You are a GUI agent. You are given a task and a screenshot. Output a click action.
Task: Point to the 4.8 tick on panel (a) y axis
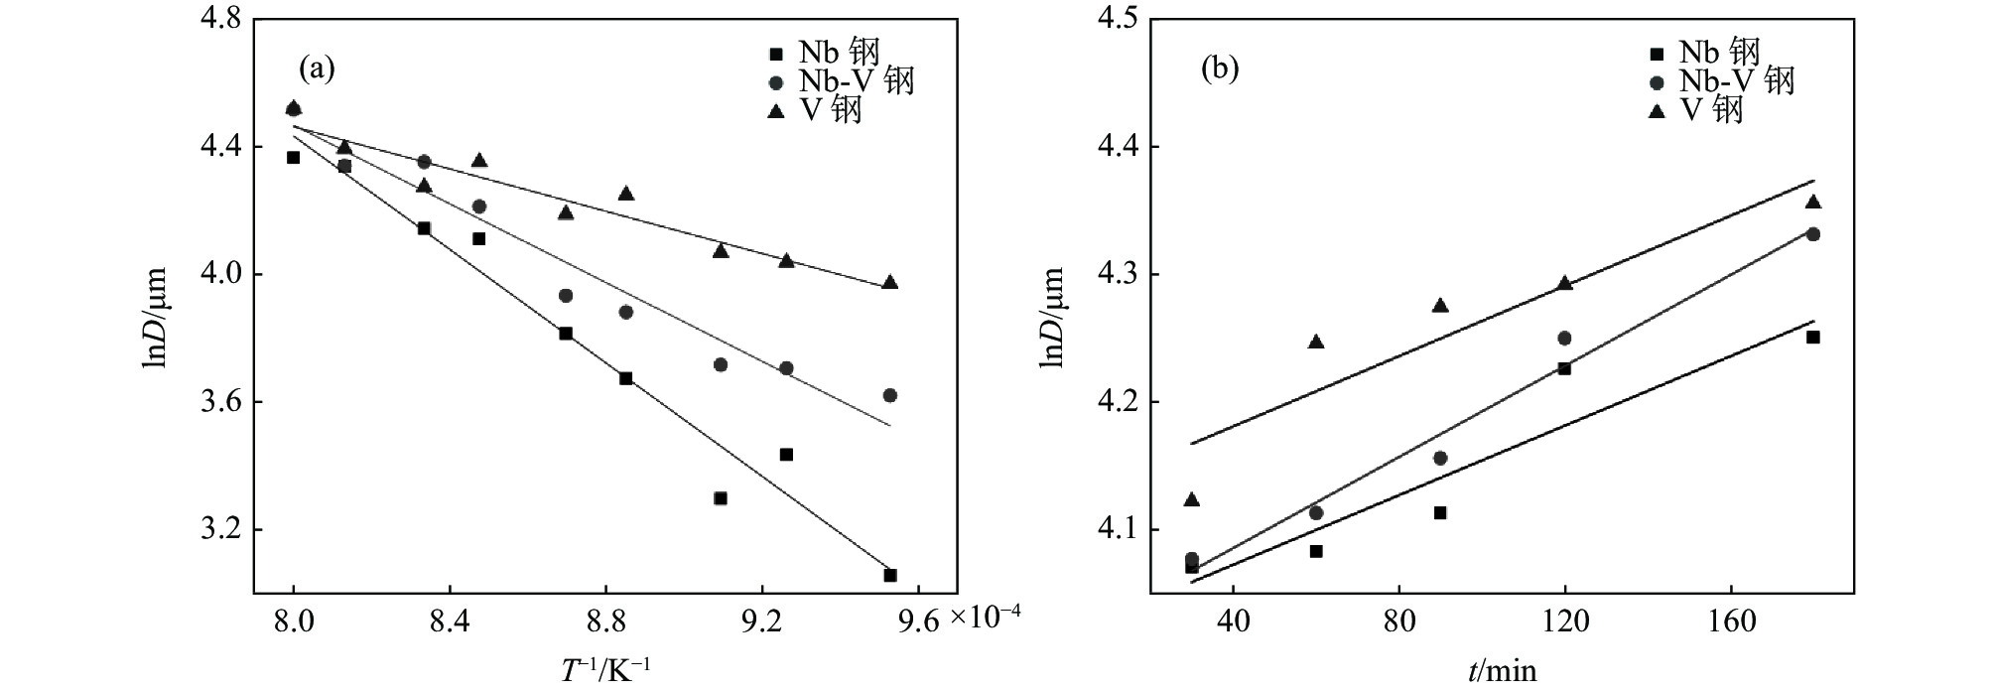(218, 19)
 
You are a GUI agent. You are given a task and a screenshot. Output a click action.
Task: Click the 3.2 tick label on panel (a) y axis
(218, 530)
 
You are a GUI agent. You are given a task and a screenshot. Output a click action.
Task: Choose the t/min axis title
(1502, 671)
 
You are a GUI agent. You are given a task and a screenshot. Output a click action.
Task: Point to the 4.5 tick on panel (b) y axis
(1120, 19)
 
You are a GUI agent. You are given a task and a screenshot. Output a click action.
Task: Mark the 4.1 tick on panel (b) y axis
(1120, 530)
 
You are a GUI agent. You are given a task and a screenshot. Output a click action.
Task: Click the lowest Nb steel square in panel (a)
(890, 575)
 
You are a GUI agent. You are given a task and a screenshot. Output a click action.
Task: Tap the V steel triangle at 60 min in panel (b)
(1316, 342)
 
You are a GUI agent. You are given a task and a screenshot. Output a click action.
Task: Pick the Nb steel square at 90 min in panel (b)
(1440, 512)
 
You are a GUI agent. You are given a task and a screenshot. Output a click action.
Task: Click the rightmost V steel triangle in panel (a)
(890, 282)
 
